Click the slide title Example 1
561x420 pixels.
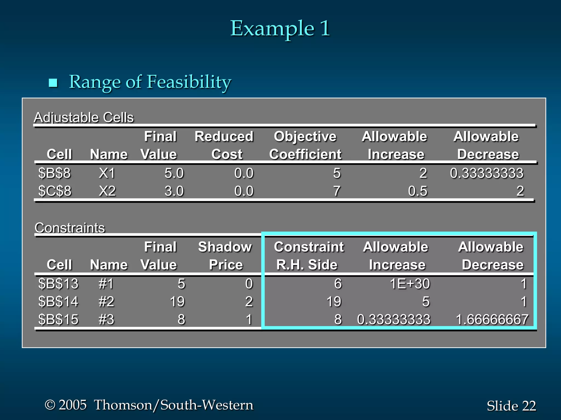(280, 28)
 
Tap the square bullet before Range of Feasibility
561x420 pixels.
(53, 83)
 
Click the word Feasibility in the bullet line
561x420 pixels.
(189, 82)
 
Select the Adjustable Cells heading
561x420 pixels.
(84, 118)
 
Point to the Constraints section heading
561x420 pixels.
(70, 228)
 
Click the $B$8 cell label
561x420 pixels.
(54, 173)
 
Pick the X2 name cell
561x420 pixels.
(107, 191)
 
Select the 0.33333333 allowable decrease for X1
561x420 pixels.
(486, 173)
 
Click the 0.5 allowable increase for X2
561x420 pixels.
(417, 191)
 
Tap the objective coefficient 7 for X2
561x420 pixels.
(337, 191)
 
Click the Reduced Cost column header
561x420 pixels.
(224, 145)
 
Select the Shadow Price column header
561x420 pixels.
(225, 256)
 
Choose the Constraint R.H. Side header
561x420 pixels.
(308, 256)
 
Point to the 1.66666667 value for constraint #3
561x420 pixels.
(492, 319)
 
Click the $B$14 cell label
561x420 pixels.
(58, 302)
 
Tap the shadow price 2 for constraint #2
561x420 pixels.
(249, 302)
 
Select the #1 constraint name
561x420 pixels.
(106, 284)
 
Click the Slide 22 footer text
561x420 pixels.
(511, 406)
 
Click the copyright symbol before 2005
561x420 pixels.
(50, 405)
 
